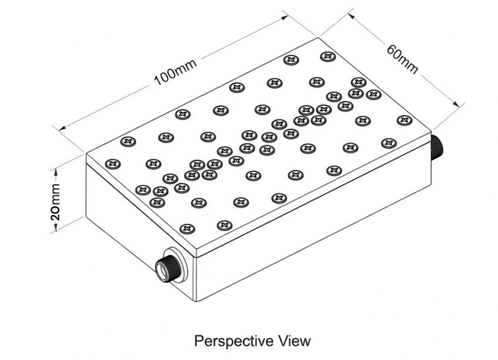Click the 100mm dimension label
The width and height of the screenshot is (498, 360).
pos(175,72)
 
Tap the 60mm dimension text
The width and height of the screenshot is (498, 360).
pos(402,59)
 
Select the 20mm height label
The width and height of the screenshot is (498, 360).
pos(55,202)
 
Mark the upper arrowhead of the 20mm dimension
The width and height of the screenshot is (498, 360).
pos(56,172)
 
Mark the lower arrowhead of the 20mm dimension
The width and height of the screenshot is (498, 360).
pos(56,227)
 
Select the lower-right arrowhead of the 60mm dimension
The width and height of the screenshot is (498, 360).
pos(456,104)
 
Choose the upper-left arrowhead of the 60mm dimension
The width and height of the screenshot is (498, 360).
pos(351,16)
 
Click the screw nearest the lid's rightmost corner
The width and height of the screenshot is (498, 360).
pos(404,120)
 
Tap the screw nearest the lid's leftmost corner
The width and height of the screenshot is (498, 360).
pos(113,164)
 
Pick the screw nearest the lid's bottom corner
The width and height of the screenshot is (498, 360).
pos(187,228)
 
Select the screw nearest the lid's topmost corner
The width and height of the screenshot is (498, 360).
pos(328,57)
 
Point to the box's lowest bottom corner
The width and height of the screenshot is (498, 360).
pos(197,302)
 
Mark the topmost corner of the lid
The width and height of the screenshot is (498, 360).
pos(318,37)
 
